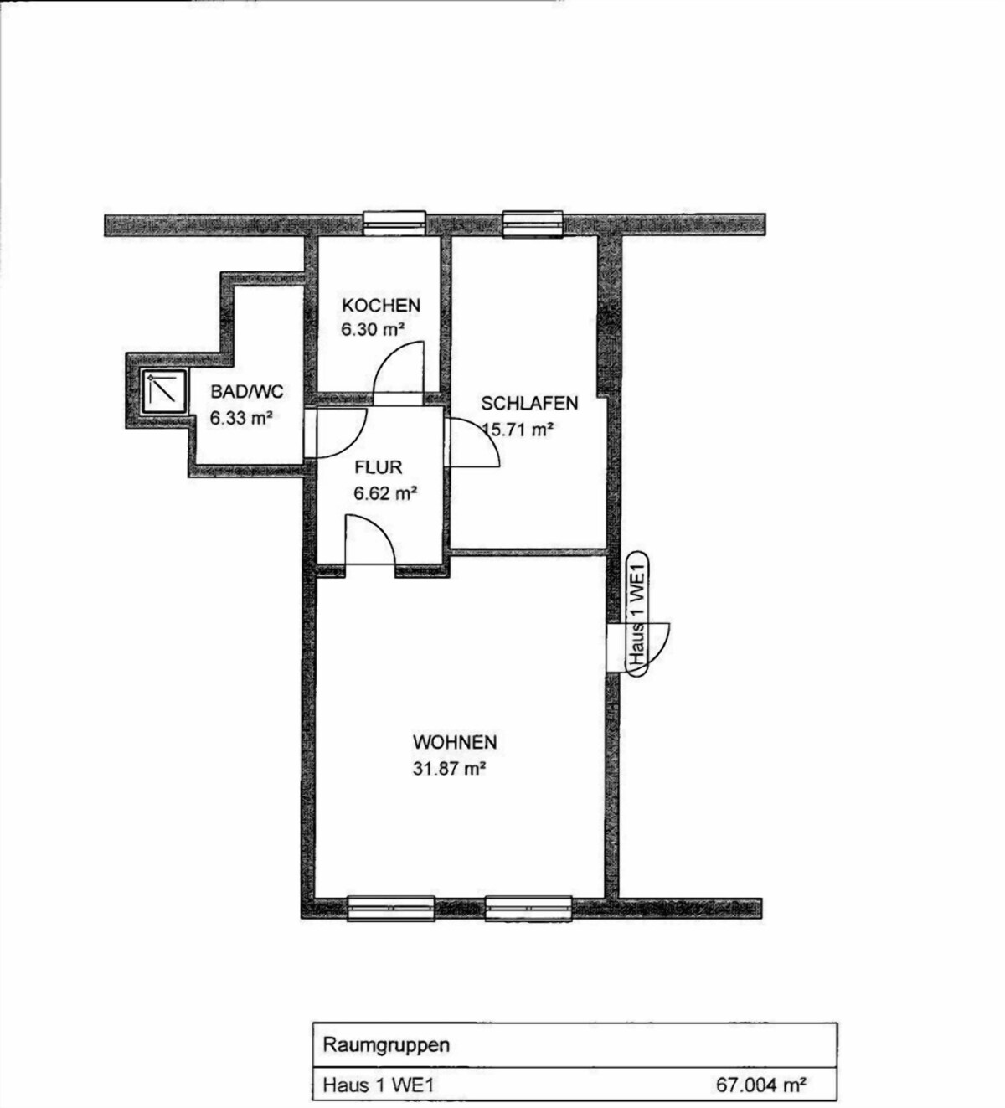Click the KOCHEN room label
tap(381, 306)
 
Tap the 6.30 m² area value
tap(373, 330)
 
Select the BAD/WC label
tap(247, 392)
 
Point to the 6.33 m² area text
tap(241, 418)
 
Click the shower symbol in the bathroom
tap(163, 391)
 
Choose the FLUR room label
tap(379, 467)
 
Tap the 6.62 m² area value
tap(385, 492)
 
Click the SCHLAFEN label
tap(529, 404)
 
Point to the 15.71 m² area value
tap(518, 429)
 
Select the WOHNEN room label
tap(455, 742)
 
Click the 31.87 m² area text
tap(449, 768)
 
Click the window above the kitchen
tap(394, 224)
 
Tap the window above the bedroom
tap(533, 224)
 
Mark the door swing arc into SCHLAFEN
tap(475, 442)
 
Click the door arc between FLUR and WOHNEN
tap(370, 539)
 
